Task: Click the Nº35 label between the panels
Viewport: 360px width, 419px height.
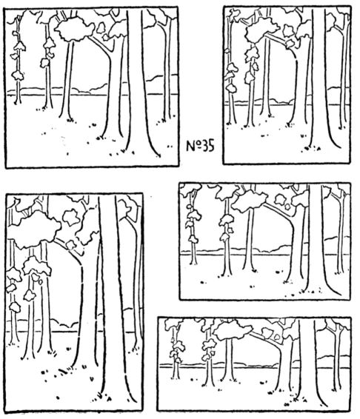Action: (x=200, y=146)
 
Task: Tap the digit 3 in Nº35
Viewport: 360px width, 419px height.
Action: (x=204, y=146)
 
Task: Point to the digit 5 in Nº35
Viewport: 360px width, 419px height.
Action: (x=211, y=146)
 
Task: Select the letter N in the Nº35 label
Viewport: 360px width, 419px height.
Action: (x=190, y=147)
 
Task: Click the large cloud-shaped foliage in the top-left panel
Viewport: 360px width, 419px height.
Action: (x=75, y=29)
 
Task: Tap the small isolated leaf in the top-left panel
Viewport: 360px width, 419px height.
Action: (x=101, y=27)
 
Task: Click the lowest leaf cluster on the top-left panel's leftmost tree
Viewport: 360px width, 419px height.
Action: (x=18, y=76)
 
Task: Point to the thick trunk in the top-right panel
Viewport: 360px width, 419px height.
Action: (x=319, y=80)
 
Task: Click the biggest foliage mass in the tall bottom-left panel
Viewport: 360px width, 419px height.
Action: (x=34, y=229)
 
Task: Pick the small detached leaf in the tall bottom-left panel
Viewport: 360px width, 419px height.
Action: (x=70, y=217)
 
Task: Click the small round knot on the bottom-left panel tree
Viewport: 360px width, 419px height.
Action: (x=41, y=281)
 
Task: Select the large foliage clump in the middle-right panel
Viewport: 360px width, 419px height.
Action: (x=249, y=201)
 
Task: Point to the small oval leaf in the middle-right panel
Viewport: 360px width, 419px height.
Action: (x=287, y=207)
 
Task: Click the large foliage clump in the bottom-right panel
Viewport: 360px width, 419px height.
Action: (x=232, y=330)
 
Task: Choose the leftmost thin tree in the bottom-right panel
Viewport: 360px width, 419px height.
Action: (x=176, y=352)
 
